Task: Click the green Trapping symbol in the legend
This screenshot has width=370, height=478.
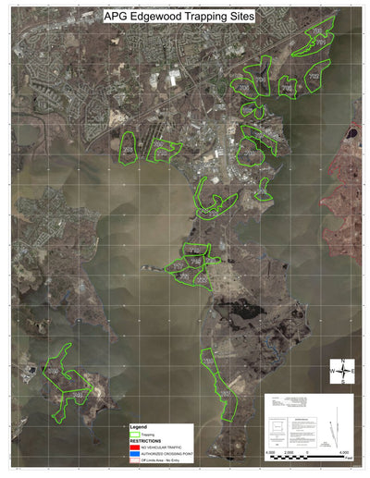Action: point(134,434)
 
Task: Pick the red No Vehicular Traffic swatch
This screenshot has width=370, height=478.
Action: point(134,447)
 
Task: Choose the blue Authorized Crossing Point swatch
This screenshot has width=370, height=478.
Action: point(134,453)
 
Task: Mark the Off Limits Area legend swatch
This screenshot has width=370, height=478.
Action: point(134,460)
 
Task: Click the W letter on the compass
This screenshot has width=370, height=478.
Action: point(332,371)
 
